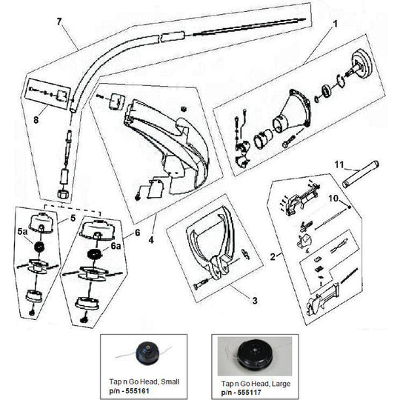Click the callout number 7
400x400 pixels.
(59, 22)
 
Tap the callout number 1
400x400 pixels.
(336, 24)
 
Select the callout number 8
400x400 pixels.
(36, 120)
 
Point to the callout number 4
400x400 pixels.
(151, 240)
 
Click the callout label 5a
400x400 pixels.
(22, 232)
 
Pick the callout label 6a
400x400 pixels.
(116, 246)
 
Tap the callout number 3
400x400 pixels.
(255, 301)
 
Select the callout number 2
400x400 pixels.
(273, 257)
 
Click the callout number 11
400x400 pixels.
(339, 164)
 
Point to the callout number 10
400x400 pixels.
(333, 199)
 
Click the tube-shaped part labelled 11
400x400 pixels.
(361, 174)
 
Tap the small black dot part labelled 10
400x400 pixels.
(350, 207)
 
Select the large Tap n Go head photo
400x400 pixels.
(255, 356)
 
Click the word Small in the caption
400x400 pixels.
(170, 382)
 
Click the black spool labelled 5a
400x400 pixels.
(39, 247)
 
